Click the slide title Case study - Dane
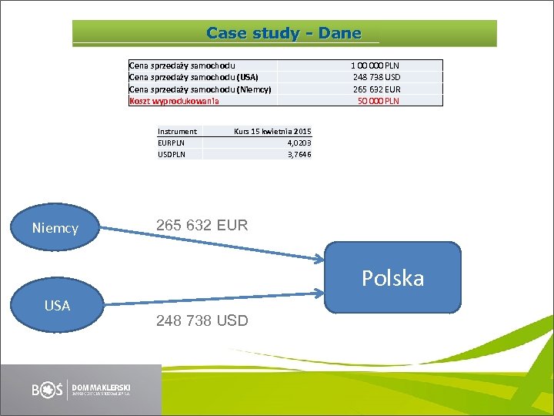(x=284, y=33)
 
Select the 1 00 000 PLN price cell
(x=375, y=65)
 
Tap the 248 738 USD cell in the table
(x=376, y=77)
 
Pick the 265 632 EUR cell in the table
(x=376, y=89)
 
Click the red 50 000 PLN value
(x=379, y=101)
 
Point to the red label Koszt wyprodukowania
(x=174, y=101)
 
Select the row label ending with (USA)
(x=194, y=77)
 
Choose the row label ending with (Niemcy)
(x=200, y=89)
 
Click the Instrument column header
(x=177, y=131)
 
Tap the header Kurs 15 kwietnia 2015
(x=272, y=131)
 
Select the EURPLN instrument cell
(x=171, y=143)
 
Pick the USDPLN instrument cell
(x=171, y=154)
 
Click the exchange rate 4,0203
(x=299, y=143)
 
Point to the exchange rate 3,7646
(x=299, y=154)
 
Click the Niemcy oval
(x=55, y=227)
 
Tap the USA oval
(x=57, y=306)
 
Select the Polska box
(x=393, y=277)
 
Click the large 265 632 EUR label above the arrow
(x=202, y=226)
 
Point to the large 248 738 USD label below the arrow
(x=202, y=320)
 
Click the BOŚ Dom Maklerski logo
(x=82, y=389)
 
